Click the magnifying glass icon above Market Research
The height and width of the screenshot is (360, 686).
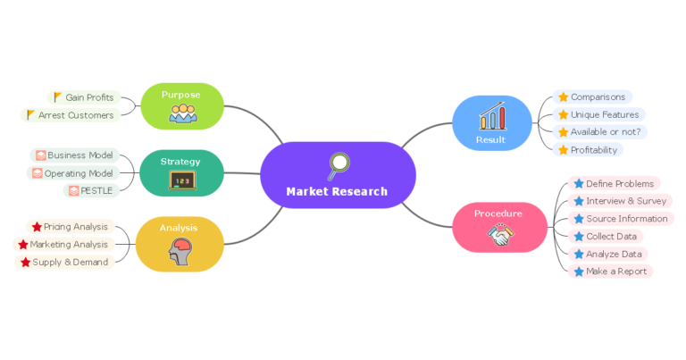pos(338,165)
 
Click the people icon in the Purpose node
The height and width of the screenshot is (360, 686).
pos(182,113)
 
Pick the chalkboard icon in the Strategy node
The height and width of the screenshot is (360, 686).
pos(181,180)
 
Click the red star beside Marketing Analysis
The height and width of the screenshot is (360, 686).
pos(23,245)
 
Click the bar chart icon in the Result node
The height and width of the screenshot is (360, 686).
pos(491,117)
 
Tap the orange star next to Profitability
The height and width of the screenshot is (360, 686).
pos(563,150)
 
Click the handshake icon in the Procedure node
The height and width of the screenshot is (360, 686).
pos(499,235)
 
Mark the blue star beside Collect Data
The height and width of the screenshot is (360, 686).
pos(578,237)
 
